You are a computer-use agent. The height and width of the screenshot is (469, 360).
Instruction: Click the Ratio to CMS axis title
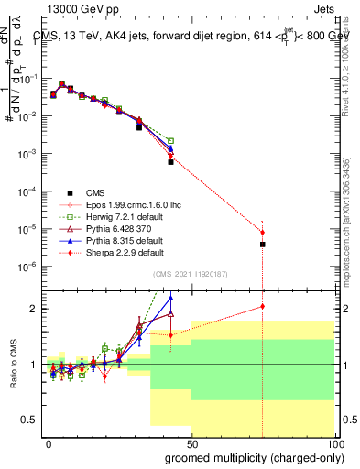click(x=16, y=363)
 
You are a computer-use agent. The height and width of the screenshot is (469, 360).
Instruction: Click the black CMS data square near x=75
click(x=263, y=245)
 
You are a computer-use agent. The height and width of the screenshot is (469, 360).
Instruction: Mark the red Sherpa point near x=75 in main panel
click(x=263, y=233)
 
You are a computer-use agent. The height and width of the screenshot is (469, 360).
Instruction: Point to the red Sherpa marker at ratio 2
click(x=263, y=307)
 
